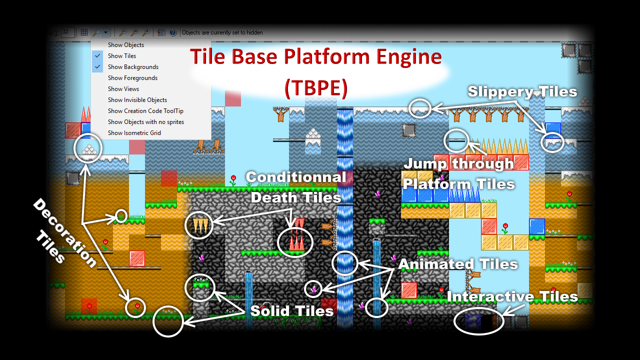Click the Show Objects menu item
tap(125, 45)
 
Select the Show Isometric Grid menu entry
tap(134, 133)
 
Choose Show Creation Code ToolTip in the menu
tap(145, 111)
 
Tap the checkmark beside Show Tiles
tap(97, 55)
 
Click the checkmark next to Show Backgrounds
tap(97, 67)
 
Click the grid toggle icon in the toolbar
tap(84, 32)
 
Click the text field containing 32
tap(67, 32)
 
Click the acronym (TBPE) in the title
tap(316, 87)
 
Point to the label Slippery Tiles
tap(522, 91)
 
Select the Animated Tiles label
tap(458, 264)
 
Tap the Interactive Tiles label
tap(512, 296)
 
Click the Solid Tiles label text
tap(291, 311)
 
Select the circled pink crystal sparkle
tap(313, 289)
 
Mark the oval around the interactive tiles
tap(478, 309)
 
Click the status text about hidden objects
tap(222, 32)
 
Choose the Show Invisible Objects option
tap(137, 100)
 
